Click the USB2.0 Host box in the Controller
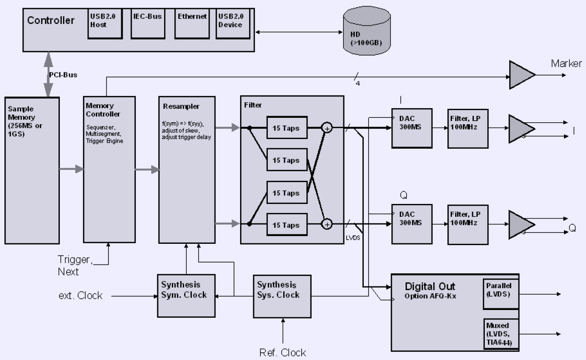click(x=105, y=24)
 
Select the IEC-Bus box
click(x=148, y=24)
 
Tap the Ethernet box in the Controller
click(x=192, y=24)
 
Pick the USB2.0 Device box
click(x=233, y=24)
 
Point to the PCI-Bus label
click(x=63, y=75)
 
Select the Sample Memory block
click(x=32, y=170)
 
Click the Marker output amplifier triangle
click(x=521, y=75)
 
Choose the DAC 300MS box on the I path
click(x=412, y=128)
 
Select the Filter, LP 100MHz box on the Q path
click(x=468, y=224)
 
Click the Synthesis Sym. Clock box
click(x=186, y=295)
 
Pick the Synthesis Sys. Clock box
click(x=282, y=296)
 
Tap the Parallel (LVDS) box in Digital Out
click(x=501, y=294)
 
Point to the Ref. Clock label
click(x=282, y=352)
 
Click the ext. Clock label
click(x=80, y=296)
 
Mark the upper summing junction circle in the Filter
click(x=327, y=128)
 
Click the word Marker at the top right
click(x=566, y=63)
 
